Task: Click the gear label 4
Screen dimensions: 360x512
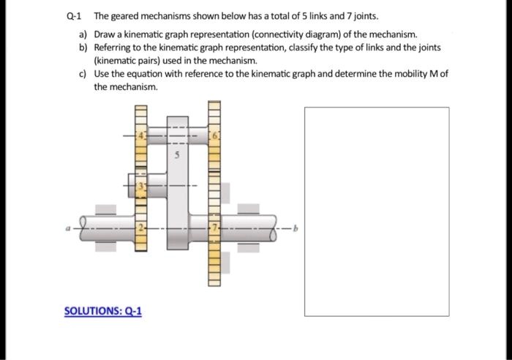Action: pos(143,135)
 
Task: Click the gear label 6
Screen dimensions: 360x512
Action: pos(215,136)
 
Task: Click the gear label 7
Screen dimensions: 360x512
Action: pos(215,229)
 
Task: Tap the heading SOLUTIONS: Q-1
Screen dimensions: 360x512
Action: pos(103,311)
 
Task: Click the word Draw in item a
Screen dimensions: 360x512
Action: pos(105,34)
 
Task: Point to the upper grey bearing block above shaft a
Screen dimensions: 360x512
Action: pos(105,209)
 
